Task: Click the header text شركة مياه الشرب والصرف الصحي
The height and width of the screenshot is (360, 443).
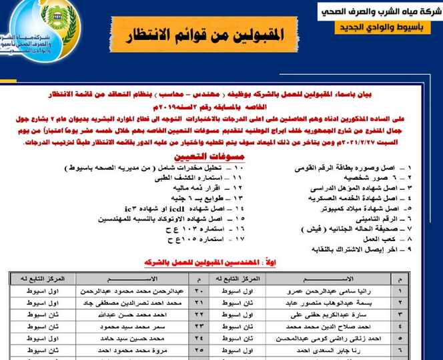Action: click(x=378, y=12)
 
